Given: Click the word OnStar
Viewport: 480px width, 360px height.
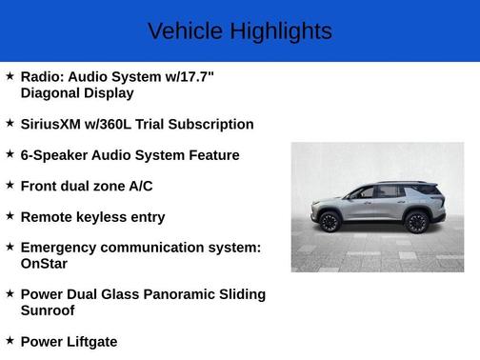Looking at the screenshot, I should point(44,264).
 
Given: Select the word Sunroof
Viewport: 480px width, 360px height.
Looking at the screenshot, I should point(48,310).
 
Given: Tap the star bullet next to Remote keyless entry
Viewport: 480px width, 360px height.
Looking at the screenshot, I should point(10,216).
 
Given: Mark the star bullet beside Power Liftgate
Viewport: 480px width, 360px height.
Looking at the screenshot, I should point(10,340).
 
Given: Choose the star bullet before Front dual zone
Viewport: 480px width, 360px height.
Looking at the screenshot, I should point(10,185).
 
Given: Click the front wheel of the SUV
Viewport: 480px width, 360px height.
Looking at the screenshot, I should point(329,223).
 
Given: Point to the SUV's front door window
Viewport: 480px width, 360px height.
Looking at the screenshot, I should point(364,193).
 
